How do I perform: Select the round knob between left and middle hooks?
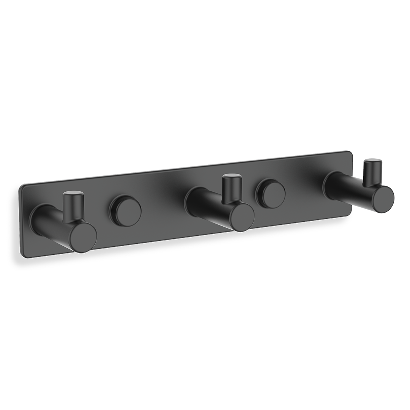pos(125,211)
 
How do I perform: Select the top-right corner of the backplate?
pos(349,153)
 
